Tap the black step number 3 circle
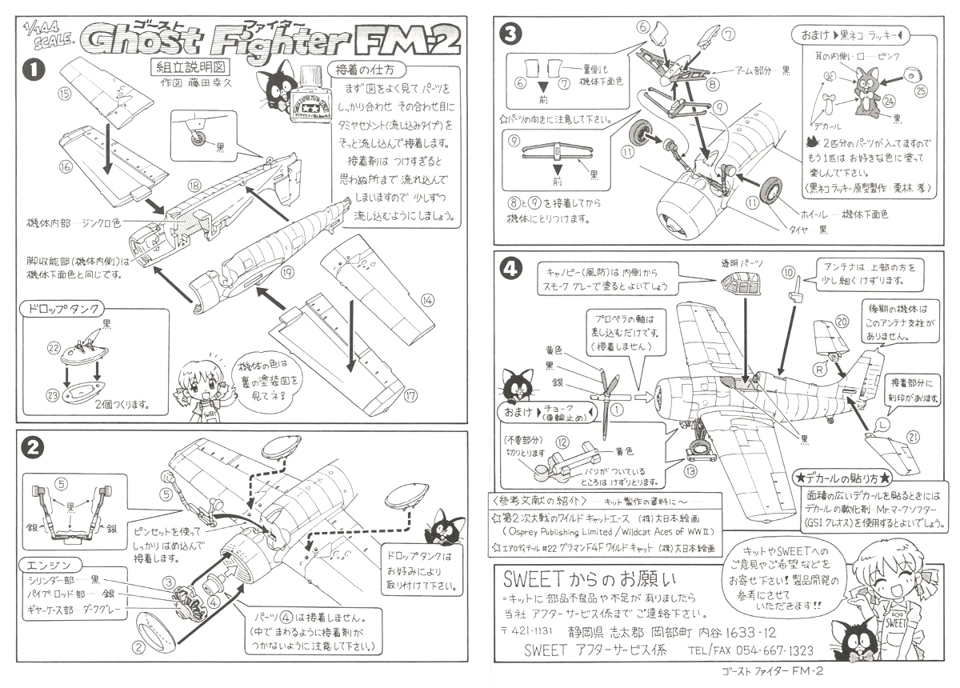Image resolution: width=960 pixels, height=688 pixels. (x=510, y=33)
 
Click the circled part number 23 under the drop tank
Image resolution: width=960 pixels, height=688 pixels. (x=54, y=393)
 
